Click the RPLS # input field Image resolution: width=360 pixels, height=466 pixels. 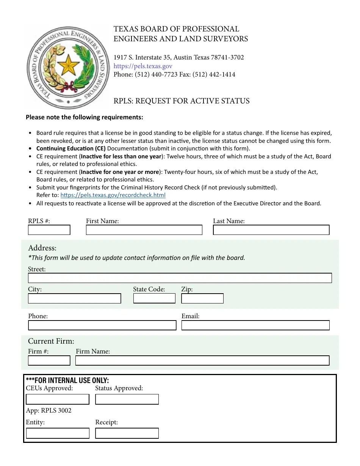[49, 230]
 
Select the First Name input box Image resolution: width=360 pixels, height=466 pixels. [144, 230]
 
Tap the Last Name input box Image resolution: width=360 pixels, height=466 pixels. [271, 230]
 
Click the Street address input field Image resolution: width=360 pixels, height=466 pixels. [180, 278]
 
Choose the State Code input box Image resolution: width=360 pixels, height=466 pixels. [154, 299]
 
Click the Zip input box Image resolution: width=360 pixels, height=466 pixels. [202, 299]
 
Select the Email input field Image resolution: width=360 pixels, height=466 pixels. [255, 325]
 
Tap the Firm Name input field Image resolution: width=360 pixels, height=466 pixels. [202, 360]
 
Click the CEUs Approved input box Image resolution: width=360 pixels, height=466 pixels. [58, 399]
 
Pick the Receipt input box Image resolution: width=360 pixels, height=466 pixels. [127, 433]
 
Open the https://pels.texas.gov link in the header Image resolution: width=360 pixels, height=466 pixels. [143, 66]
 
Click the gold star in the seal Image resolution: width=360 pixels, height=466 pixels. [68, 65]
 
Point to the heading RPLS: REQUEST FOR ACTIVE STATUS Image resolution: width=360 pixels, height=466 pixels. [182, 101]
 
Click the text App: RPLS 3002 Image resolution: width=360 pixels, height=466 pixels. [49, 410]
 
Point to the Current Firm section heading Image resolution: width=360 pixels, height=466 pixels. [51, 341]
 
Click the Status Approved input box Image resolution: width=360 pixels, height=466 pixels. [127, 399]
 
